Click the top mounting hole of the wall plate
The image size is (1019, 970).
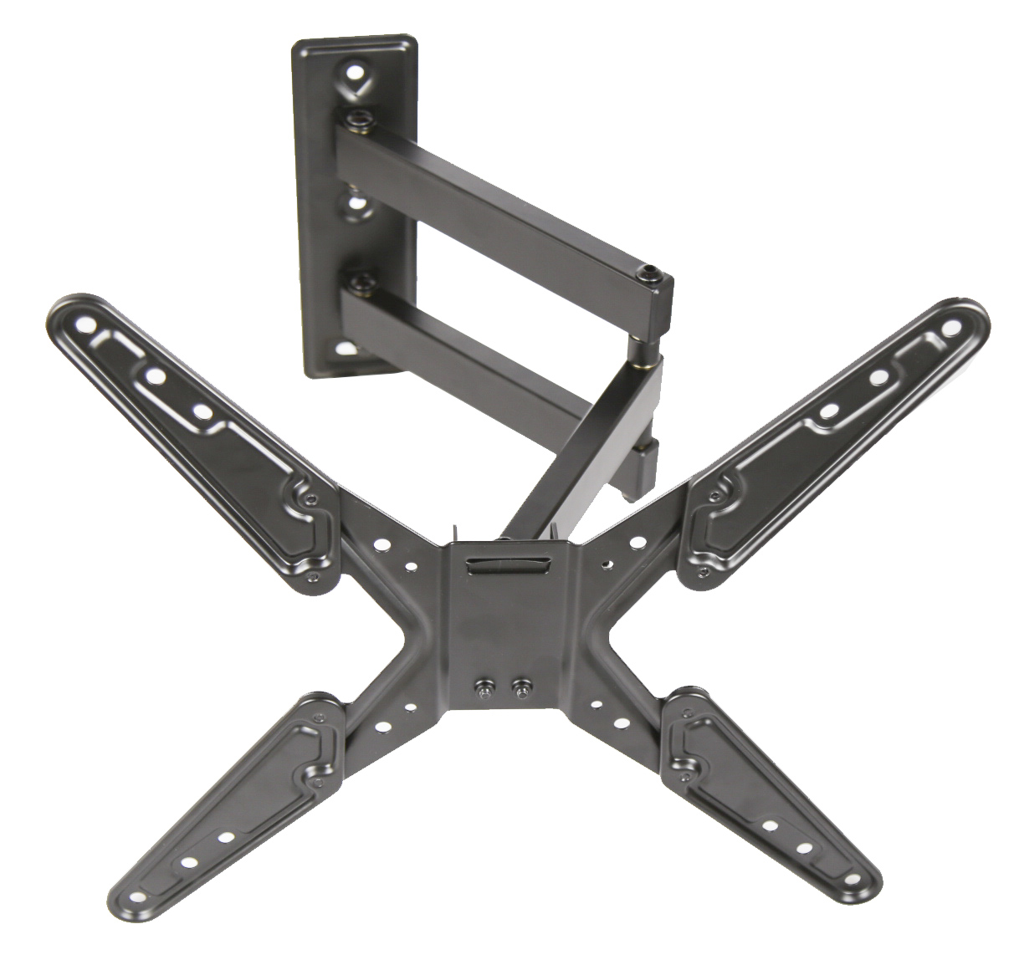(355, 72)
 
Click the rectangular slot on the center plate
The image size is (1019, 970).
(507, 566)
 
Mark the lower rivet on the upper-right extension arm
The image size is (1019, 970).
(702, 572)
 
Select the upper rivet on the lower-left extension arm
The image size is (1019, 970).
(318, 717)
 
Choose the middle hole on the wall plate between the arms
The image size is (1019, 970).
(355, 203)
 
